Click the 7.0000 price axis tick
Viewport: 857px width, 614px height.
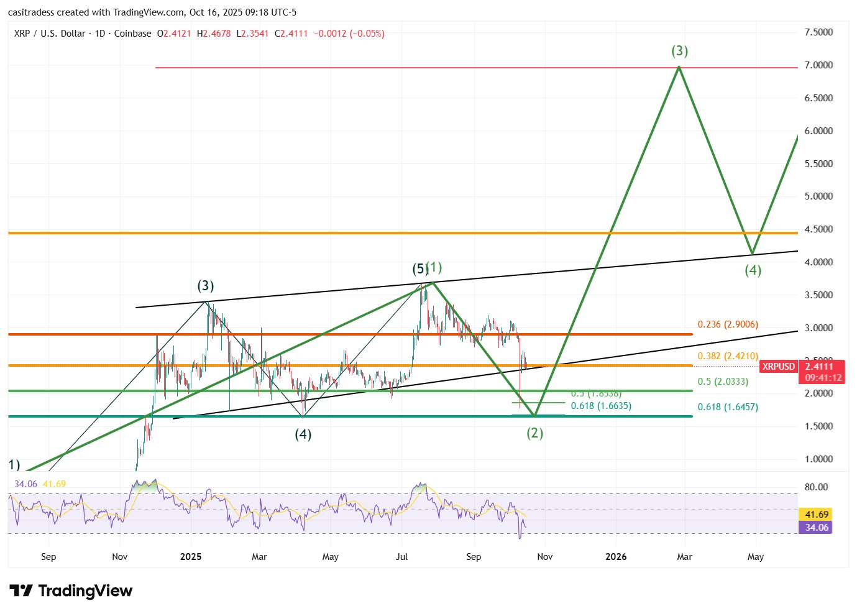(818, 65)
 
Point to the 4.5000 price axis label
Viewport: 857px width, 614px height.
(818, 229)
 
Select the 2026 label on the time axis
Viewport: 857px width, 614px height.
(615, 557)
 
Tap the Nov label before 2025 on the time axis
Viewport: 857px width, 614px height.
(119, 557)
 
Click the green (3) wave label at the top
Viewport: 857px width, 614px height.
(679, 51)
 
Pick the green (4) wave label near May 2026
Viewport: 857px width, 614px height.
(753, 270)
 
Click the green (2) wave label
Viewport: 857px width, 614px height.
(534, 433)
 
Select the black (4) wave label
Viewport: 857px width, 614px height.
(303, 434)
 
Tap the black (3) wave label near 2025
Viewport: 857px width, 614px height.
(205, 286)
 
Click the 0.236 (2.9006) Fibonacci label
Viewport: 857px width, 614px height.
(727, 324)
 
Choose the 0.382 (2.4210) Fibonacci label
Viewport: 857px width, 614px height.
(727, 356)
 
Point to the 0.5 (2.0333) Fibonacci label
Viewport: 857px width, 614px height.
(723, 382)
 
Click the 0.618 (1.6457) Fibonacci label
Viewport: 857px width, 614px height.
(727, 407)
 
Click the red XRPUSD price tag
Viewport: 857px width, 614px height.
(779, 367)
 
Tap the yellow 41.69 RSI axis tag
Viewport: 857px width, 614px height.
(816, 515)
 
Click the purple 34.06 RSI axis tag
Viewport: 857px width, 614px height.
(816, 528)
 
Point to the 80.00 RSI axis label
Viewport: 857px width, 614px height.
(816, 487)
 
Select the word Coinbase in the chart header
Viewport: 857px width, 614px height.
(132, 34)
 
